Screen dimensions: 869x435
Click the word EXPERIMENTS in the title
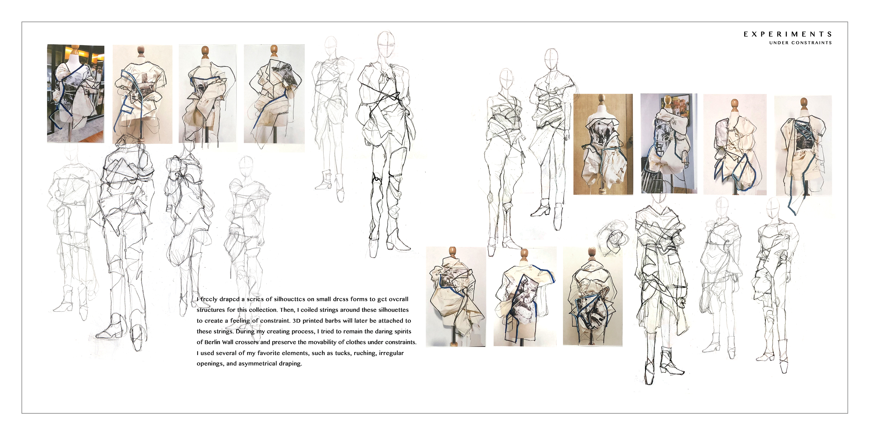(787, 34)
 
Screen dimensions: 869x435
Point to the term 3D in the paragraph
(296, 321)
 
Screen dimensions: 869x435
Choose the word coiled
(310, 310)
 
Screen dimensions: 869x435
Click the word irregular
(391, 353)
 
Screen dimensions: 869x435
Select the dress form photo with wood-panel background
(603, 144)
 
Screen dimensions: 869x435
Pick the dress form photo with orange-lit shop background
(75, 93)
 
